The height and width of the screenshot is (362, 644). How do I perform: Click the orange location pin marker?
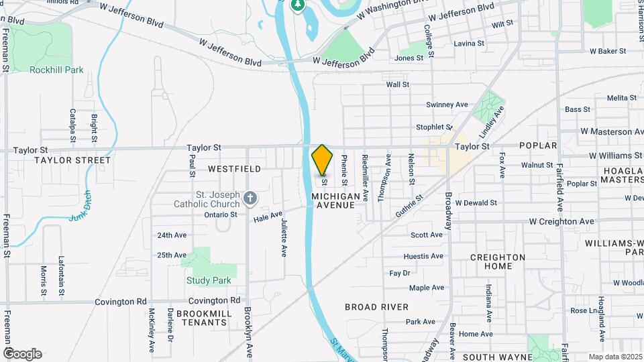[x=323, y=160]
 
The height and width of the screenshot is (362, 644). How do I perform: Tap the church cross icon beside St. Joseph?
[x=250, y=198]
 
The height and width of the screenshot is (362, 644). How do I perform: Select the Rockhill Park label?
[x=56, y=69]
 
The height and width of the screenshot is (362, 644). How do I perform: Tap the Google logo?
[x=21, y=353]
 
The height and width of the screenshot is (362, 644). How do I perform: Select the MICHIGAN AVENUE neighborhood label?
[x=333, y=200]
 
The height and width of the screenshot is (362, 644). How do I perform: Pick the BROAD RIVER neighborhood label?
[x=376, y=307]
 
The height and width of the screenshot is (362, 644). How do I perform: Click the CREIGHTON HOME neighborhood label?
[x=498, y=261]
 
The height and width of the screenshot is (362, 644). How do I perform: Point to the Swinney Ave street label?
[x=447, y=105]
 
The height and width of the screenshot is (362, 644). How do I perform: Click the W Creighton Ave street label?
[x=561, y=221]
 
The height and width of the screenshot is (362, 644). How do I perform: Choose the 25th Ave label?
[x=172, y=255]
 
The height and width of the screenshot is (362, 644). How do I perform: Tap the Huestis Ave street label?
[x=423, y=257]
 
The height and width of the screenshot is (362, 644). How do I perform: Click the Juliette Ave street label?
[x=284, y=238]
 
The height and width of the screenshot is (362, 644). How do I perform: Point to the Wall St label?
[x=397, y=84]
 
